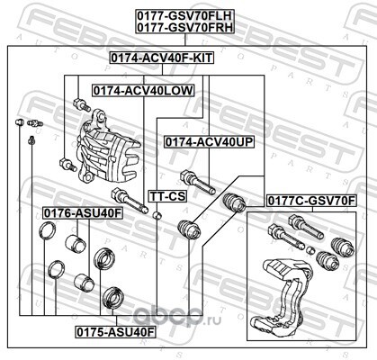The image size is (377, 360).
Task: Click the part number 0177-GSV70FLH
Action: tap(185, 15)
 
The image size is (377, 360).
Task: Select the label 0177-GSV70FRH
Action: tap(185, 27)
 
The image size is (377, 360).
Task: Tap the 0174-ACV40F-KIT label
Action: tap(162, 58)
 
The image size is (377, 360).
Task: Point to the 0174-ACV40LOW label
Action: tap(143, 91)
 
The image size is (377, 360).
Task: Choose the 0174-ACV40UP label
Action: tap(209, 142)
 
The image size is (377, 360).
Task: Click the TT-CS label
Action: tap(167, 196)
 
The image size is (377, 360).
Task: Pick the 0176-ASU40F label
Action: tap(83, 213)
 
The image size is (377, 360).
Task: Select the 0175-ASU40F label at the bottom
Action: tap(115, 332)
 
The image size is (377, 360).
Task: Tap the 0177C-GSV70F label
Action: tap(311, 201)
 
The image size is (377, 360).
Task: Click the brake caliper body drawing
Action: tap(105, 147)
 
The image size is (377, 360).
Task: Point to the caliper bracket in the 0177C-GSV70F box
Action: tap(282, 297)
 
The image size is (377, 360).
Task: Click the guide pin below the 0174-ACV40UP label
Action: tap(198, 183)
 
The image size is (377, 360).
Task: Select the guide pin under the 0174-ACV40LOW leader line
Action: tap(130, 201)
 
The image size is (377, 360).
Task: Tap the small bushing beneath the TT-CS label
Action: tap(157, 215)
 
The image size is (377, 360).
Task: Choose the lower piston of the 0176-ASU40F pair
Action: tap(85, 281)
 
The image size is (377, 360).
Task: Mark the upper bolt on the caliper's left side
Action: tap(82, 104)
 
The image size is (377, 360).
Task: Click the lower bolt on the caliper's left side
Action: tap(68, 165)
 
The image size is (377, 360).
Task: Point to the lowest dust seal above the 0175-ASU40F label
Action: tap(113, 297)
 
